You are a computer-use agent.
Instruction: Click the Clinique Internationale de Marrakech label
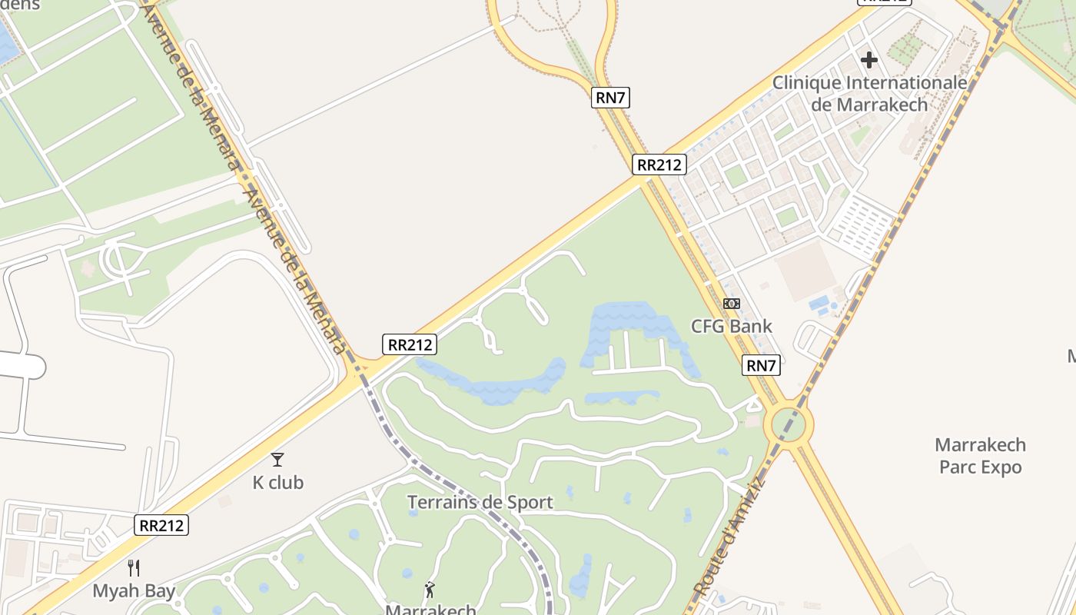(x=869, y=93)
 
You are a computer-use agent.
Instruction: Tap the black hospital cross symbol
(x=869, y=60)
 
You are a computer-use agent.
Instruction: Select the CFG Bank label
(x=731, y=326)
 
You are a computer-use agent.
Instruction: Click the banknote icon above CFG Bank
(x=732, y=304)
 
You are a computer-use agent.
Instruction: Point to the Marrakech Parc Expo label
(x=980, y=456)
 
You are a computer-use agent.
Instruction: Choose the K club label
(x=277, y=483)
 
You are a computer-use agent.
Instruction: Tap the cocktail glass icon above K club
(x=277, y=460)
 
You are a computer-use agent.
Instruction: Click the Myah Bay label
(x=134, y=591)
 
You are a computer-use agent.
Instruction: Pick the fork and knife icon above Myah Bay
(x=134, y=568)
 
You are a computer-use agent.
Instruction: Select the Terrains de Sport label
(x=480, y=503)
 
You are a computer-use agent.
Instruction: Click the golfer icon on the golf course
(x=430, y=590)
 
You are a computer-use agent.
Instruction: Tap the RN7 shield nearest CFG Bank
(x=761, y=365)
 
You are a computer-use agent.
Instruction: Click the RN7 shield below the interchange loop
(x=611, y=98)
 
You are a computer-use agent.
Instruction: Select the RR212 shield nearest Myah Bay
(x=161, y=525)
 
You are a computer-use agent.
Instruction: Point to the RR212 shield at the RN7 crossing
(x=659, y=164)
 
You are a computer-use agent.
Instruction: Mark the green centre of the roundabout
(x=789, y=424)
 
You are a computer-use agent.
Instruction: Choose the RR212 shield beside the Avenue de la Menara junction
(x=410, y=344)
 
